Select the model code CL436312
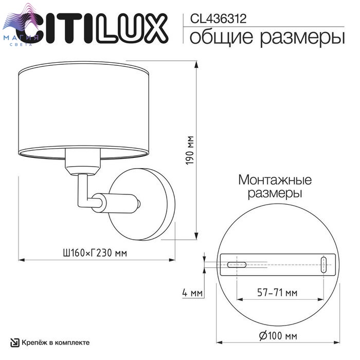[x=219, y=19]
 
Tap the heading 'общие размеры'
[x=267, y=37]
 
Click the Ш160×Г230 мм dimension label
[x=95, y=253]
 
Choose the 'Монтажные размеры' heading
[x=275, y=186]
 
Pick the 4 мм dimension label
[x=192, y=293]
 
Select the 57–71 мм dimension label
[x=277, y=293]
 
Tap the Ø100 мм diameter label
[x=278, y=336]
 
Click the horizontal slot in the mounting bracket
[x=237, y=265]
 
